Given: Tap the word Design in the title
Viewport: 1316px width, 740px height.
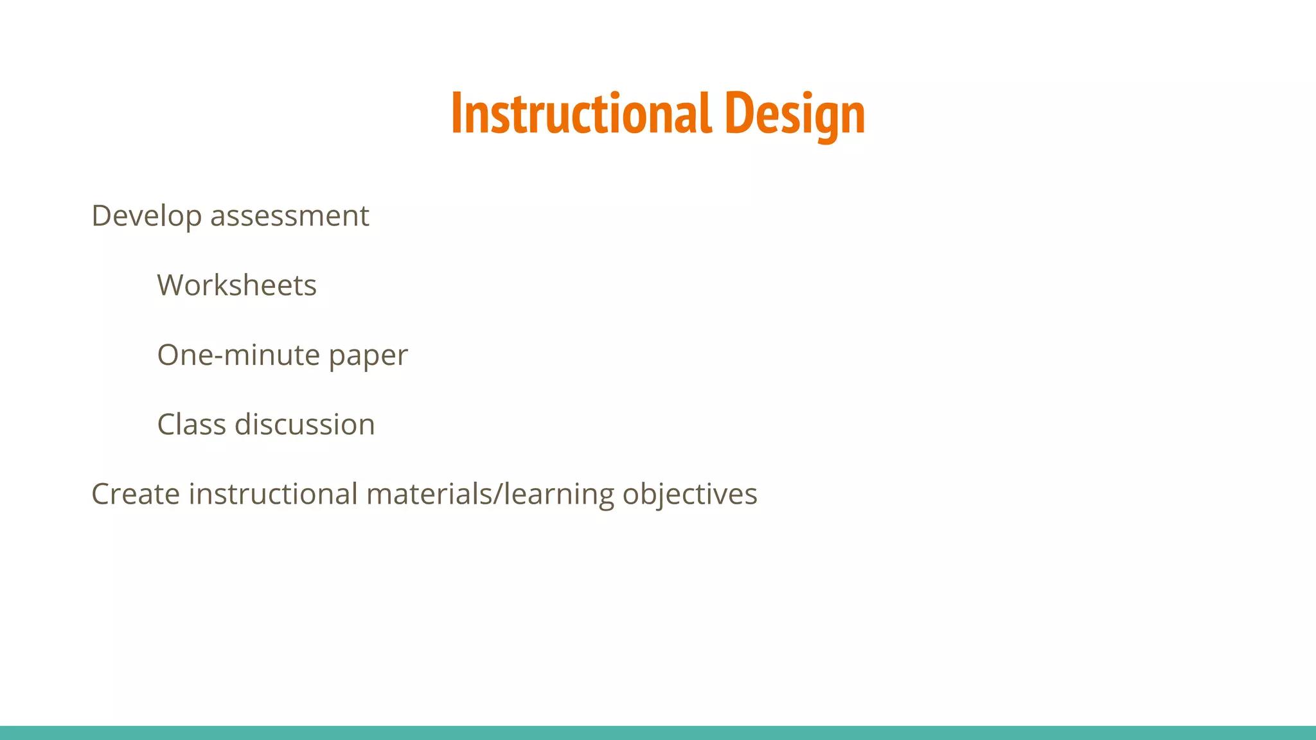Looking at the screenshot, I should tap(795, 114).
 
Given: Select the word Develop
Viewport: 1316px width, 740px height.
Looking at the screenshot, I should tap(147, 216).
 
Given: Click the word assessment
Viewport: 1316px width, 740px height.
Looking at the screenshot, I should tap(290, 216).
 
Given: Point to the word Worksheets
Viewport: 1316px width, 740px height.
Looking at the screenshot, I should tap(237, 285).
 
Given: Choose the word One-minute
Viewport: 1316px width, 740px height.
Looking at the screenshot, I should tap(238, 355).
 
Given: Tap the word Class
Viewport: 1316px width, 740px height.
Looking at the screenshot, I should tap(191, 425).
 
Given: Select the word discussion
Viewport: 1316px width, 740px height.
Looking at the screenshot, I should tap(305, 425).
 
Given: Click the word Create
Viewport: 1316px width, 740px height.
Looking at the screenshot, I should tap(136, 494).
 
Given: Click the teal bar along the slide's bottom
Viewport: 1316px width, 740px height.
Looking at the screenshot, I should tap(658, 732).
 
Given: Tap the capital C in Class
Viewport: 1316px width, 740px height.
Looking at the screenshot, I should tap(167, 425).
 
